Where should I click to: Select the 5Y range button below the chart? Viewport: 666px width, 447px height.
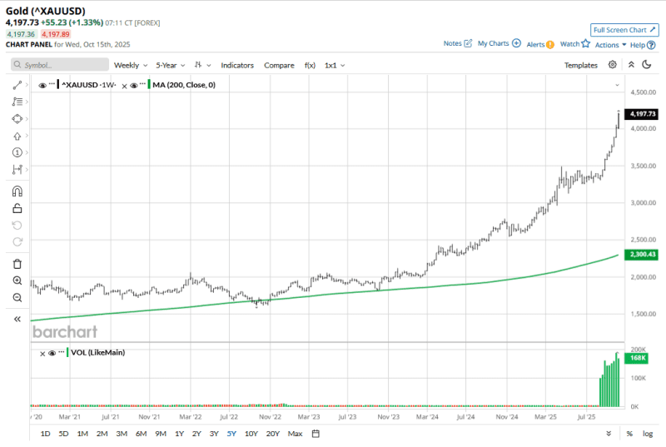pos(231,433)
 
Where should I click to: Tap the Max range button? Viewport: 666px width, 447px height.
pos(295,433)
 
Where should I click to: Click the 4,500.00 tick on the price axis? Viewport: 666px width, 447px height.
pos(644,92)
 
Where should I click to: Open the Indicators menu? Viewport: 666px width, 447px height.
pos(237,65)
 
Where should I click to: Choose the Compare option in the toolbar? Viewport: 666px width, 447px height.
pos(279,65)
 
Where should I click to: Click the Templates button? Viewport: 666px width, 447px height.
pos(580,65)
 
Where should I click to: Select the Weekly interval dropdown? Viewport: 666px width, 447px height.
pos(131,65)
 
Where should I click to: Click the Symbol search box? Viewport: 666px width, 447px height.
pos(60,65)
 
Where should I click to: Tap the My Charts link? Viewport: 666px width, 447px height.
pos(499,43)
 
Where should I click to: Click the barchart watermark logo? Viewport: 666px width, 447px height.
pos(65,331)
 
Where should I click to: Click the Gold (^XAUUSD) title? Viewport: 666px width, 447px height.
pos(45,11)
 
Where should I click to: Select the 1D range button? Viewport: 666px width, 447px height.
pos(45,433)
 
